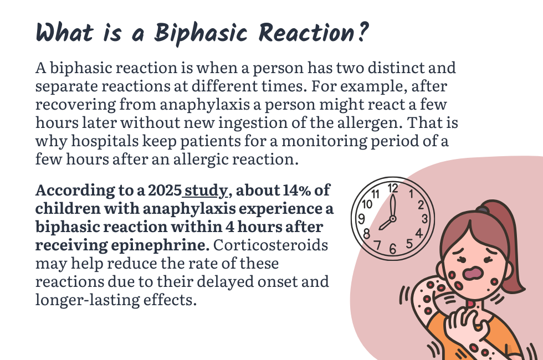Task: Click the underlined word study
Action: tap(205, 191)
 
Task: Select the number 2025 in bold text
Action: tap(165, 191)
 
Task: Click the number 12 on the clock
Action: tap(393, 188)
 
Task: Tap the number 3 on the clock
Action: tap(424, 218)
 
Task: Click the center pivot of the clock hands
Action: tap(393, 219)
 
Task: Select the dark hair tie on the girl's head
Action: tap(484, 209)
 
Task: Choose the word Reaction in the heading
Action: tap(304, 33)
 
